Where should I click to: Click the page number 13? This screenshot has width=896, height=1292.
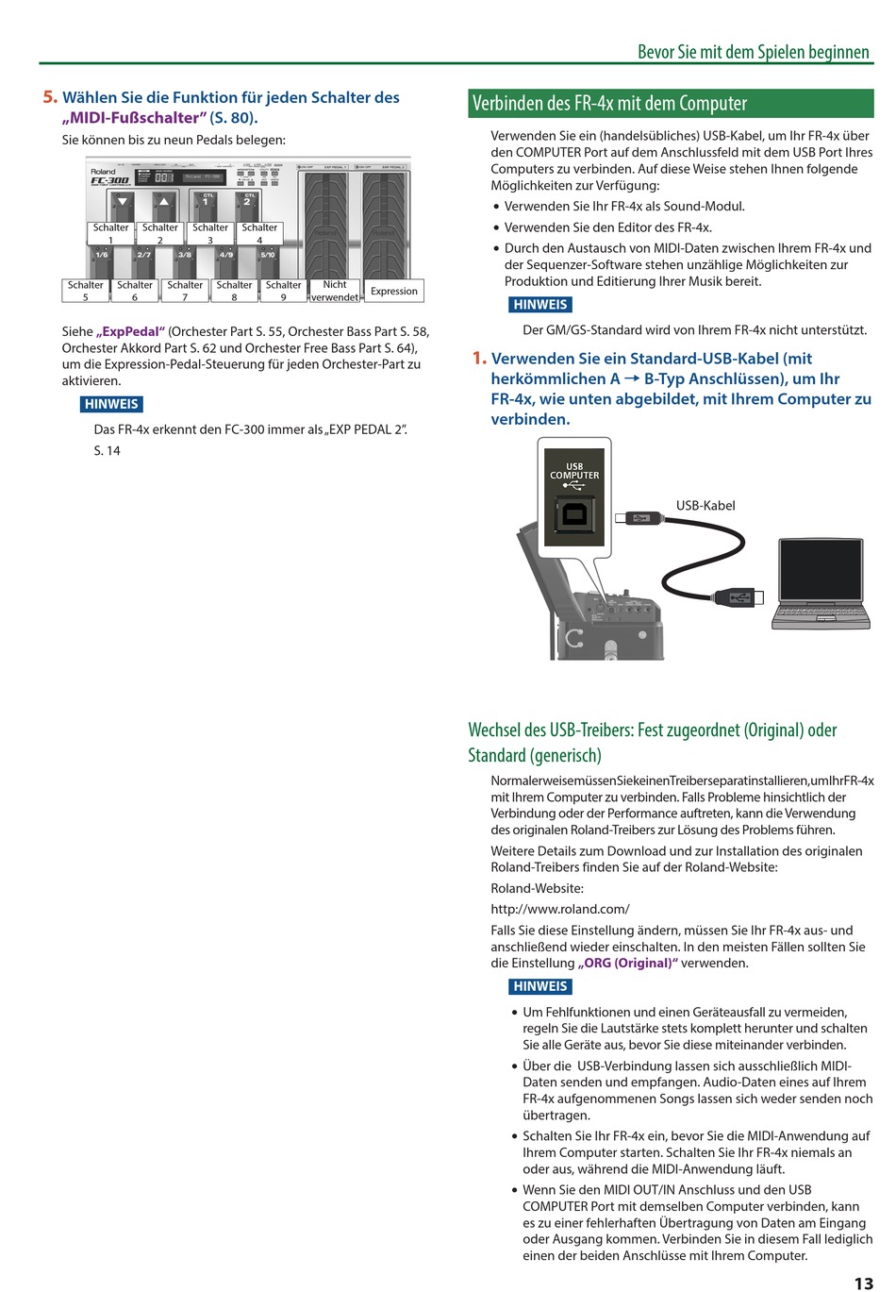pyautogui.click(x=864, y=1283)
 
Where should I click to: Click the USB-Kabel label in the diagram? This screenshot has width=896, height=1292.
pyautogui.click(x=705, y=506)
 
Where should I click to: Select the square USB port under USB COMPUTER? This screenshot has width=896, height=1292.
pyautogui.click(x=573, y=516)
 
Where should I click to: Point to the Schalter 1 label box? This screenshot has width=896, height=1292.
pyautogui.click(x=110, y=233)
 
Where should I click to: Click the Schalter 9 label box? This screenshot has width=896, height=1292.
pyautogui.click(x=283, y=291)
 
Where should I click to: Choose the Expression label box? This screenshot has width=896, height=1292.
pyautogui.click(x=393, y=291)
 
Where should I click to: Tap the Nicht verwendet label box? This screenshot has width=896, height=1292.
pyautogui.click(x=335, y=291)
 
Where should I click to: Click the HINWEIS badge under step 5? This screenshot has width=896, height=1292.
pyautogui.click(x=111, y=404)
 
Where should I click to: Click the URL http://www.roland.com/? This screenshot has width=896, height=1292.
pyautogui.click(x=560, y=909)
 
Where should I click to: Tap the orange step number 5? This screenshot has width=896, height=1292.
pyautogui.click(x=50, y=97)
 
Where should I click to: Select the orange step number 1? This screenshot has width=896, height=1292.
pyautogui.click(x=479, y=359)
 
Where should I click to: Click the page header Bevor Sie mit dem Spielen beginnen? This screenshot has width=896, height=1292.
pyautogui.click(x=753, y=52)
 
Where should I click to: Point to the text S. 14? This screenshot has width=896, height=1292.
pyautogui.click(x=107, y=451)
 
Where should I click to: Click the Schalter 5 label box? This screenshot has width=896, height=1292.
pyautogui.click(x=85, y=291)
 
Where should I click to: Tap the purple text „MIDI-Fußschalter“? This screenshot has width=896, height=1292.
pyautogui.click(x=133, y=118)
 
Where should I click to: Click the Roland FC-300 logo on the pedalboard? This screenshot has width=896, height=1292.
pyautogui.click(x=108, y=177)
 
